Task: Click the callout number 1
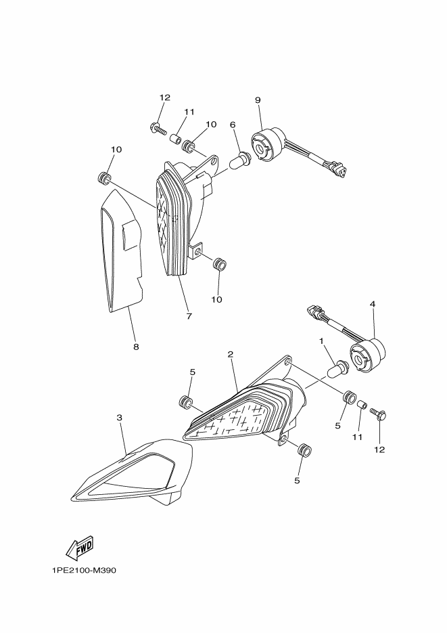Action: pyautogui.click(x=322, y=341)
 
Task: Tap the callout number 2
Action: pyautogui.click(x=231, y=354)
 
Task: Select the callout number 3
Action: pyautogui.click(x=120, y=418)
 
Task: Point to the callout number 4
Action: pyautogui.click(x=372, y=305)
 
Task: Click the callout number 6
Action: pyautogui.click(x=233, y=125)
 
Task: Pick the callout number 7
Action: pyautogui.click(x=189, y=316)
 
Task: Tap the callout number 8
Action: pyautogui.click(x=136, y=347)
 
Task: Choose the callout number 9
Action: pyautogui.click(x=258, y=100)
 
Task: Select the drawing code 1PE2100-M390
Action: pyautogui.click(x=84, y=571)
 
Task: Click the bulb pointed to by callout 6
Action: pyautogui.click(x=241, y=161)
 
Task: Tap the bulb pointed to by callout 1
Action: pyautogui.click(x=338, y=370)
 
